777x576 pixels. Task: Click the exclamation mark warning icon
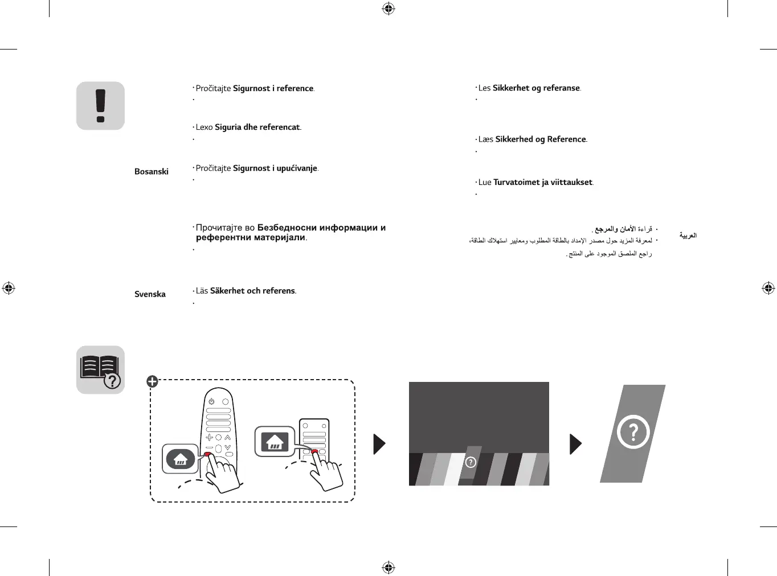pyautogui.click(x=100, y=106)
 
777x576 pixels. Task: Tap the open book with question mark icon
pyautogui.click(x=100, y=370)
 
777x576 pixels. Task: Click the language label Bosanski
pyautogui.click(x=152, y=171)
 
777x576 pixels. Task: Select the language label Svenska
pyautogui.click(x=150, y=294)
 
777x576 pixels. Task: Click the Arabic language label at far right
pyautogui.click(x=688, y=235)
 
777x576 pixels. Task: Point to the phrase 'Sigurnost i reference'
pyautogui.click(x=273, y=88)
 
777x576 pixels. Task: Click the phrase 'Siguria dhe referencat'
pyautogui.click(x=257, y=127)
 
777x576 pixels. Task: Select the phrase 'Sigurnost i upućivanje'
pyautogui.click(x=275, y=168)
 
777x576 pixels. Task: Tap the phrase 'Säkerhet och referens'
pyautogui.click(x=252, y=291)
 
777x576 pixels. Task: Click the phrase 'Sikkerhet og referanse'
pyautogui.click(x=536, y=88)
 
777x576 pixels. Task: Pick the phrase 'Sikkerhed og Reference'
pyautogui.click(x=540, y=139)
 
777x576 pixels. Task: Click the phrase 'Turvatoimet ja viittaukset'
pyautogui.click(x=542, y=183)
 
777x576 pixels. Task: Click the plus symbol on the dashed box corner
pyautogui.click(x=152, y=381)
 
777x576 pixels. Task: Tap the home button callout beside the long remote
pyautogui.click(x=181, y=459)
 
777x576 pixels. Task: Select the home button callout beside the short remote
pyautogui.click(x=275, y=441)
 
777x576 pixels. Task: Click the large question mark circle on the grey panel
pyautogui.click(x=633, y=432)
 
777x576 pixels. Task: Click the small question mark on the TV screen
pyautogui.click(x=471, y=462)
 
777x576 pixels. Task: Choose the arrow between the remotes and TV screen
pyautogui.click(x=379, y=444)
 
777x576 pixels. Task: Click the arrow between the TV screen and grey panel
pyautogui.click(x=575, y=444)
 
